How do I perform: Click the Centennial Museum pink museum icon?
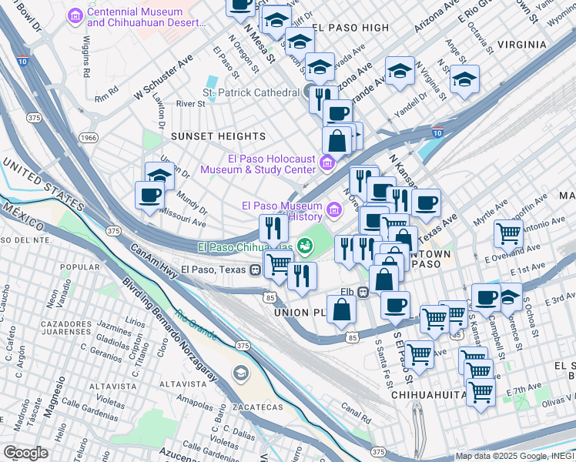(x=75, y=16)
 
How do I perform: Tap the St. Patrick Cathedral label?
(x=250, y=92)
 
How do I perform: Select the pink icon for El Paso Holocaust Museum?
(x=327, y=162)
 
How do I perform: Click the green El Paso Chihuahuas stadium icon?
(x=305, y=246)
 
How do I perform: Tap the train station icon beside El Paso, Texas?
(x=254, y=269)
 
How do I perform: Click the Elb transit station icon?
(x=361, y=293)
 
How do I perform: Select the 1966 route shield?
(x=88, y=138)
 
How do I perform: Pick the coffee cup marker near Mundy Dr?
(x=149, y=195)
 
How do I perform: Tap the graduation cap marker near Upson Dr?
(x=160, y=175)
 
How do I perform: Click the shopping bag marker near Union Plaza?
(x=341, y=310)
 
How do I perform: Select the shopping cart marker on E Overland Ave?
(x=508, y=233)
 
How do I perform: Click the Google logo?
(x=25, y=453)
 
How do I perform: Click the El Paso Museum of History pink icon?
(x=333, y=209)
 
